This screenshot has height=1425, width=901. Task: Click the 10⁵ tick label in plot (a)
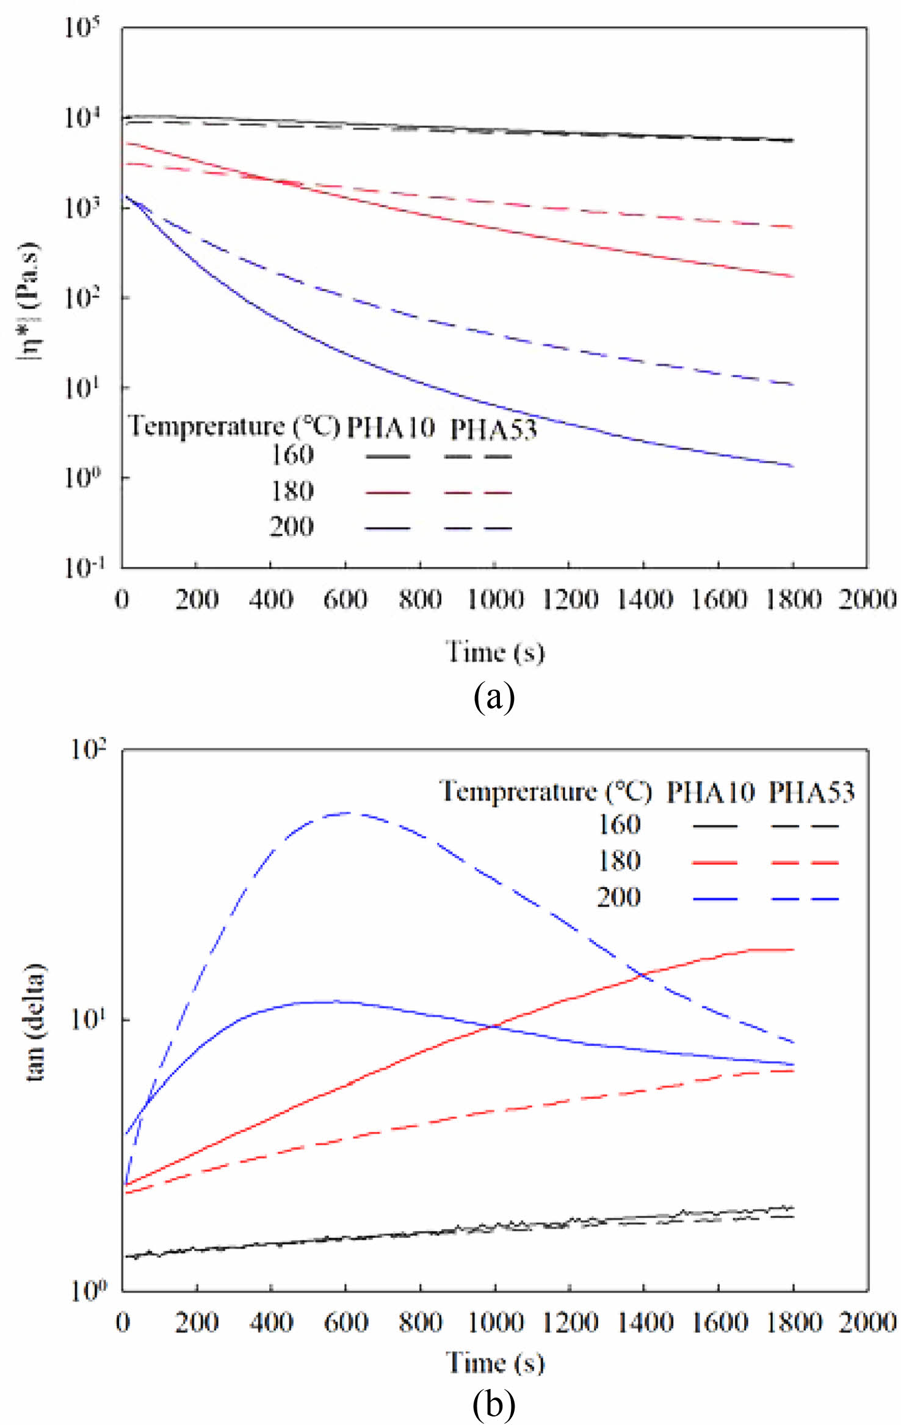(x=82, y=27)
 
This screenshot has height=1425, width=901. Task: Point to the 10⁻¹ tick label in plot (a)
(x=84, y=568)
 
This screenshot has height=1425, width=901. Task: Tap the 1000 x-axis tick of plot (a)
(x=495, y=600)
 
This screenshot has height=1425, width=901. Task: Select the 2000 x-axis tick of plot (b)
(x=867, y=1322)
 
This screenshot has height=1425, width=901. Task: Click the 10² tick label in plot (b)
(x=89, y=749)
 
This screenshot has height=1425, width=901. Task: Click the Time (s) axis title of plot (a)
(x=494, y=652)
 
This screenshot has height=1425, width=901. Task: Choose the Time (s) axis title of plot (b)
(x=494, y=1363)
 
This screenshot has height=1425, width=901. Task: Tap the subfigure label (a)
(x=494, y=697)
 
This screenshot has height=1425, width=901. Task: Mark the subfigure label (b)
(x=494, y=1404)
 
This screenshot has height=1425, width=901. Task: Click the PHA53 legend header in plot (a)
(x=493, y=430)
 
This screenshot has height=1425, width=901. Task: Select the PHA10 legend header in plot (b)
(x=710, y=793)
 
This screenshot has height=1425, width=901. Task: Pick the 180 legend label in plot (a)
(x=292, y=491)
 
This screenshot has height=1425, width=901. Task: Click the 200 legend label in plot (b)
(x=618, y=897)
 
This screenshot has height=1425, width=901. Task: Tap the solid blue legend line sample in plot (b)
(x=715, y=899)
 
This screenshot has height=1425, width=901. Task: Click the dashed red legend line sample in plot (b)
(x=805, y=863)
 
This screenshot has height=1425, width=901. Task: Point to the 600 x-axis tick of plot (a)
(x=346, y=600)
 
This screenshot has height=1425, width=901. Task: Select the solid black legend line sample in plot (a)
(x=388, y=456)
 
